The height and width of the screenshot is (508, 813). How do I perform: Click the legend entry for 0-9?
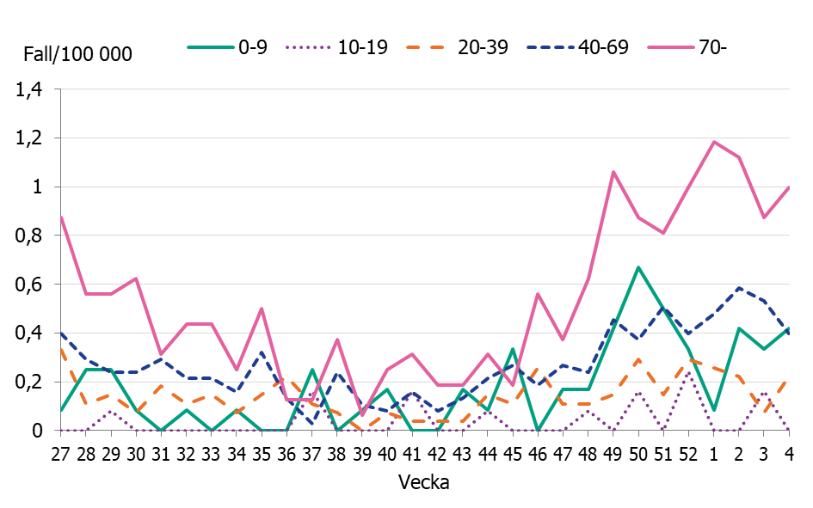[228, 47]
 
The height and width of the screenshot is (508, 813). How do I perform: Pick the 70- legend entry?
[688, 47]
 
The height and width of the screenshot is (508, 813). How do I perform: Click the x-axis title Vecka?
[424, 482]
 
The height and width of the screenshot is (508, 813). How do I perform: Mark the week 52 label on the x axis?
[688, 452]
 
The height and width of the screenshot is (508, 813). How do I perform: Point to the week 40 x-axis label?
[387, 452]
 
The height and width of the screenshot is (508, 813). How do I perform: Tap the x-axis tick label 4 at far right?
[789, 452]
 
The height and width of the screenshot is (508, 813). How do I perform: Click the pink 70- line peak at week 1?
[713, 142]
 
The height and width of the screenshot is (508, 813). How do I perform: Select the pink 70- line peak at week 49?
[613, 172]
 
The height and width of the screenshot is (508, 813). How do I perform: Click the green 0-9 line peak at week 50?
[638, 267]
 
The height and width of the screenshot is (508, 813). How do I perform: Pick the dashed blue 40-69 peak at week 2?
[739, 288]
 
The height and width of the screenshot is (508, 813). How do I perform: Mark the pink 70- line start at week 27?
[61, 217]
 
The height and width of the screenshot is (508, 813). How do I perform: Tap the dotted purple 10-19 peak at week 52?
[688, 373]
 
